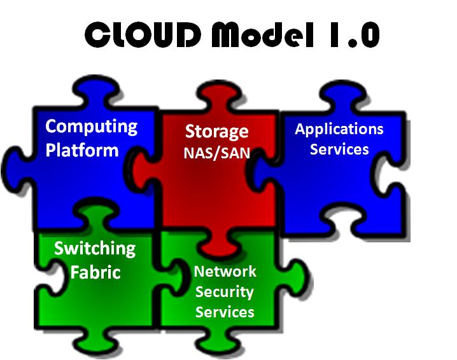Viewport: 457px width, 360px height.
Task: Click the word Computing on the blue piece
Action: [x=91, y=126]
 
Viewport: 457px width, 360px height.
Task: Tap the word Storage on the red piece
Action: [x=216, y=132]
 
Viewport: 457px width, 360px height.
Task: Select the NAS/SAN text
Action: [x=216, y=153]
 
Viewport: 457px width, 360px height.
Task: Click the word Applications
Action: [x=339, y=129]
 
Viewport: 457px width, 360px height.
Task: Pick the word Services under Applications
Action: [x=339, y=149]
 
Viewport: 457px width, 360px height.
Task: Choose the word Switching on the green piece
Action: [x=94, y=248]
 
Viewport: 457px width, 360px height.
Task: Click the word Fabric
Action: [x=95, y=272]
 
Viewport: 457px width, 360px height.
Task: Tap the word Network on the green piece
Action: [x=225, y=272]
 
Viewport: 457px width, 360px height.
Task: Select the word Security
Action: [x=225, y=292]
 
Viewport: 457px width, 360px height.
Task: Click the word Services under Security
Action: [x=225, y=312]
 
